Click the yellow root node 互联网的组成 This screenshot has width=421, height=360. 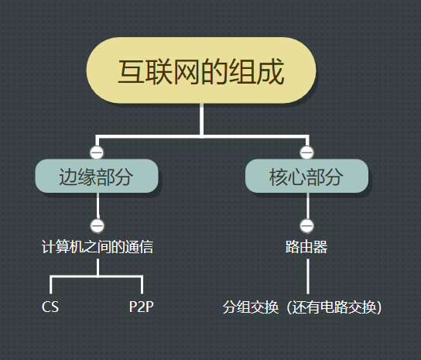(200, 70)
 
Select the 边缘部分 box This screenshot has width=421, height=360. (97, 177)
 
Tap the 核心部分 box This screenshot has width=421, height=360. (306, 177)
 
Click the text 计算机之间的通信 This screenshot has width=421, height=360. (98, 248)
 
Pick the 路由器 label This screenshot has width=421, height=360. (306, 248)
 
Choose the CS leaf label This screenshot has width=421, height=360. (50, 307)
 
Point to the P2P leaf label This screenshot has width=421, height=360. (142, 307)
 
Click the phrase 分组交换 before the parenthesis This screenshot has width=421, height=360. (251, 307)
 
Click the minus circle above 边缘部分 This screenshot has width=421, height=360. (97, 152)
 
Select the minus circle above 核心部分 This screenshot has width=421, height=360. (306, 152)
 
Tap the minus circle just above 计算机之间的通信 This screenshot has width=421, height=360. (98, 226)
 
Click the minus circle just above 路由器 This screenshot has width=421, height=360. (306, 226)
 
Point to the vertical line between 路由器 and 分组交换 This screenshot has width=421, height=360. (307, 276)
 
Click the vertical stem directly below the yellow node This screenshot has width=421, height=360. (201, 120)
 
